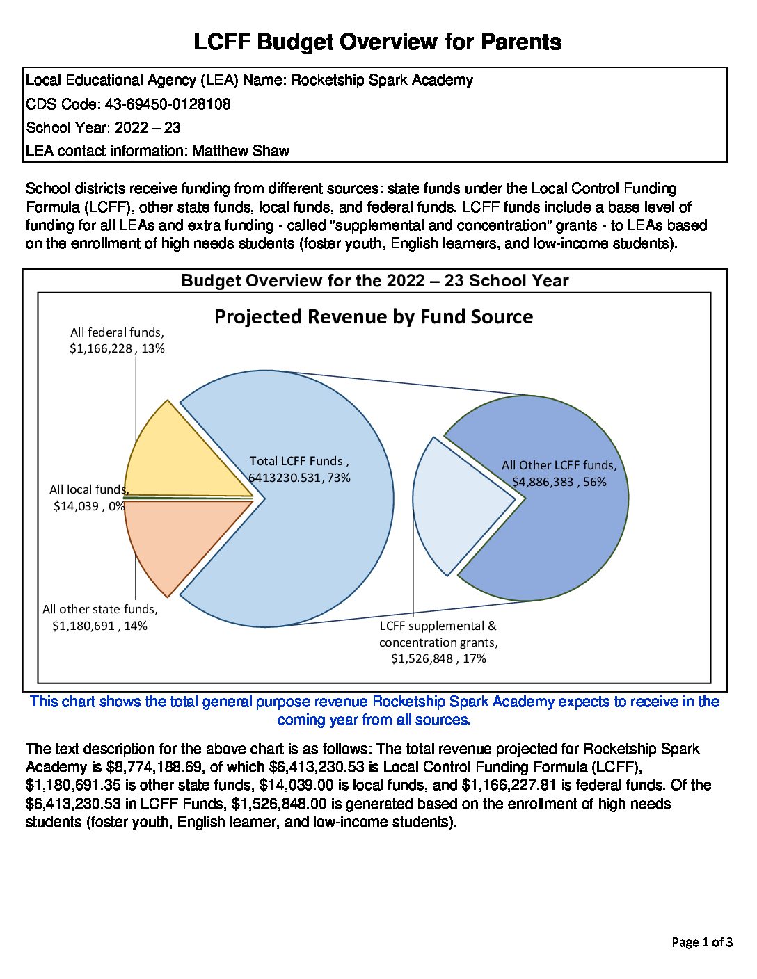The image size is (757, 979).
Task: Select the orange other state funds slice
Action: point(181,539)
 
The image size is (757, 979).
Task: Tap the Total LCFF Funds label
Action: point(299,469)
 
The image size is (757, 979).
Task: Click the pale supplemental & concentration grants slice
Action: point(452,508)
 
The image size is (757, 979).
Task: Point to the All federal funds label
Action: point(117,341)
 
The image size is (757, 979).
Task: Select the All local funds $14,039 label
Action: point(88,498)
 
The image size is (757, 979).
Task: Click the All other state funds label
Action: point(100,617)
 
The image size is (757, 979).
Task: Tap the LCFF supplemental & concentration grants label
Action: point(438,642)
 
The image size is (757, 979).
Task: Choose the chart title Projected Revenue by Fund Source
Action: point(374,317)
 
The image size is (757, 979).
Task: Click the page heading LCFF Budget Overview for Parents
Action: point(377,42)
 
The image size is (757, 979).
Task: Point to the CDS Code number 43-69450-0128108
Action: point(168,104)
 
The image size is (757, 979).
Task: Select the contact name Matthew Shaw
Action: point(241,151)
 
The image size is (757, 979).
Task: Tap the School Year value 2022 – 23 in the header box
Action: point(148,128)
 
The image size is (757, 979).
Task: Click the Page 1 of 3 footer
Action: point(701,942)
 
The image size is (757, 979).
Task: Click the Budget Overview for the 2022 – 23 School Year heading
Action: point(374,281)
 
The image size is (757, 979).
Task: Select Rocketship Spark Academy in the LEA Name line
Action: point(382,81)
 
